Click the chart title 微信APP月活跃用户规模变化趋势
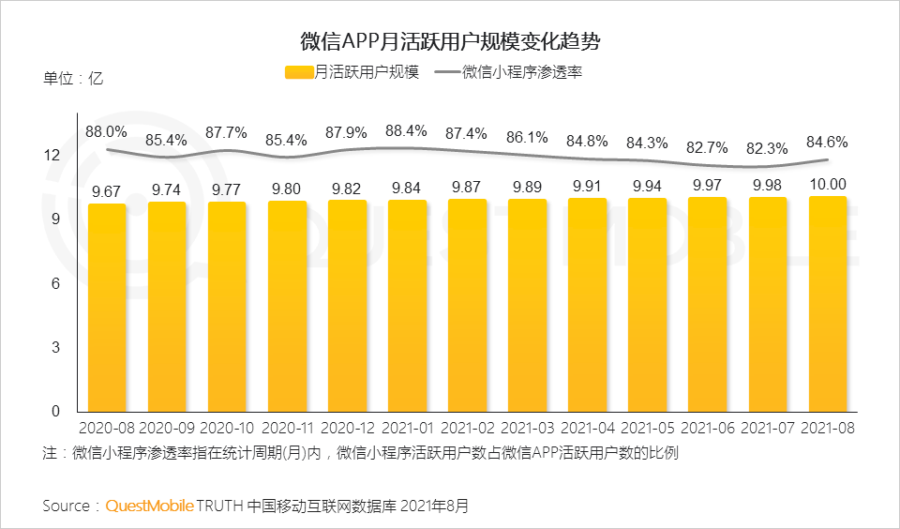click(x=450, y=41)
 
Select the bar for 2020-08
click(x=107, y=308)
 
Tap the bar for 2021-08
click(x=828, y=304)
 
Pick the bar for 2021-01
click(x=407, y=306)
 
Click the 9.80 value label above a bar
click(x=287, y=189)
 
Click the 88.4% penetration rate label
click(x=407, y=130)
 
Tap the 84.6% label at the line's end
click(x=827, y=143)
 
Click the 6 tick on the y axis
click(x=55, y=283)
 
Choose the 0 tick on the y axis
click(x=55, y=412)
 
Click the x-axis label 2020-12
click(x=347, y=428)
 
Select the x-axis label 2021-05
click(x=647, y=428)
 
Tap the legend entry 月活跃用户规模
click(x=352, y=72)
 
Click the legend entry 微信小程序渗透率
click(x=521, y=72)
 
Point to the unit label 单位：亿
click(x=72, y=79)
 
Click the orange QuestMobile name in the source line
click(x=149, y=506)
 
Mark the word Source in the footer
click(x=67, y=506)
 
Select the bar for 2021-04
click(x=587, y=305)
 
